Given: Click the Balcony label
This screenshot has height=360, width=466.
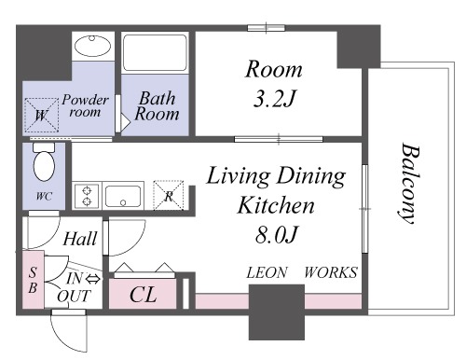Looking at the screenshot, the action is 410,183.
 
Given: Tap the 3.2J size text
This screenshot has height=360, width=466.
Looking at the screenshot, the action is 274,98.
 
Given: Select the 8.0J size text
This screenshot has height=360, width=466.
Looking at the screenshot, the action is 277,234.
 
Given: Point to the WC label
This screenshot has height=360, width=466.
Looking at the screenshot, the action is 44,196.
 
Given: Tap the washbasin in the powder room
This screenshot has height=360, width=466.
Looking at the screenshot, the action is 92,46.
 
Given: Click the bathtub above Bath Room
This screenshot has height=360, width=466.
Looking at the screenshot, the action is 155,52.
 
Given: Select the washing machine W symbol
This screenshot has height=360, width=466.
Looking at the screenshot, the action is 42,115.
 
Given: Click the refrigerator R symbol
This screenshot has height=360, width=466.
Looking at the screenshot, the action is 169,195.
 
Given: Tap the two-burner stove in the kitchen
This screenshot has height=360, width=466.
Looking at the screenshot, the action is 87,196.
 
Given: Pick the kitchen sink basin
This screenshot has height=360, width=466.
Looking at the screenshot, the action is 123,196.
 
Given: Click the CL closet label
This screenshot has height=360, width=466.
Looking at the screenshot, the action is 143,294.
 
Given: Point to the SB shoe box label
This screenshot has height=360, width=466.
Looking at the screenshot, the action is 33,280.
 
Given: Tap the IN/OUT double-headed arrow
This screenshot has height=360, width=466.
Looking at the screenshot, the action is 92,279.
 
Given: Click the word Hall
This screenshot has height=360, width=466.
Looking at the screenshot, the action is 80,239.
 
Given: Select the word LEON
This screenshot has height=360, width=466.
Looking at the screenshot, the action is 267,272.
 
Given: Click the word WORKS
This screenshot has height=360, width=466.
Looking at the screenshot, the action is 331,272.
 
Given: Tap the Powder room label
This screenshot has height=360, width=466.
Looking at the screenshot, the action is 85,105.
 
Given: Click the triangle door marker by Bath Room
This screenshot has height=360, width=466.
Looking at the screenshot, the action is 125,123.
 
